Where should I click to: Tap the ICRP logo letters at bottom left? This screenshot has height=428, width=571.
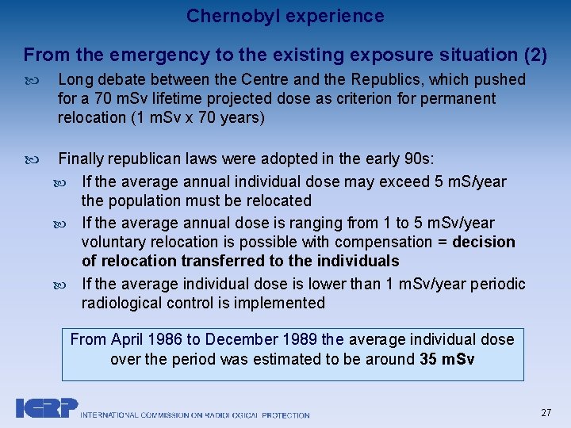46,407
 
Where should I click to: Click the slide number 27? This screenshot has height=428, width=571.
546,413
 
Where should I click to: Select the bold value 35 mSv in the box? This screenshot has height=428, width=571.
447,359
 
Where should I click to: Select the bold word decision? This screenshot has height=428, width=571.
484,242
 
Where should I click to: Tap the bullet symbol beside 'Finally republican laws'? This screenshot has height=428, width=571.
31,159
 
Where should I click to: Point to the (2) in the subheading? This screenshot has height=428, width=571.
535,55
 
